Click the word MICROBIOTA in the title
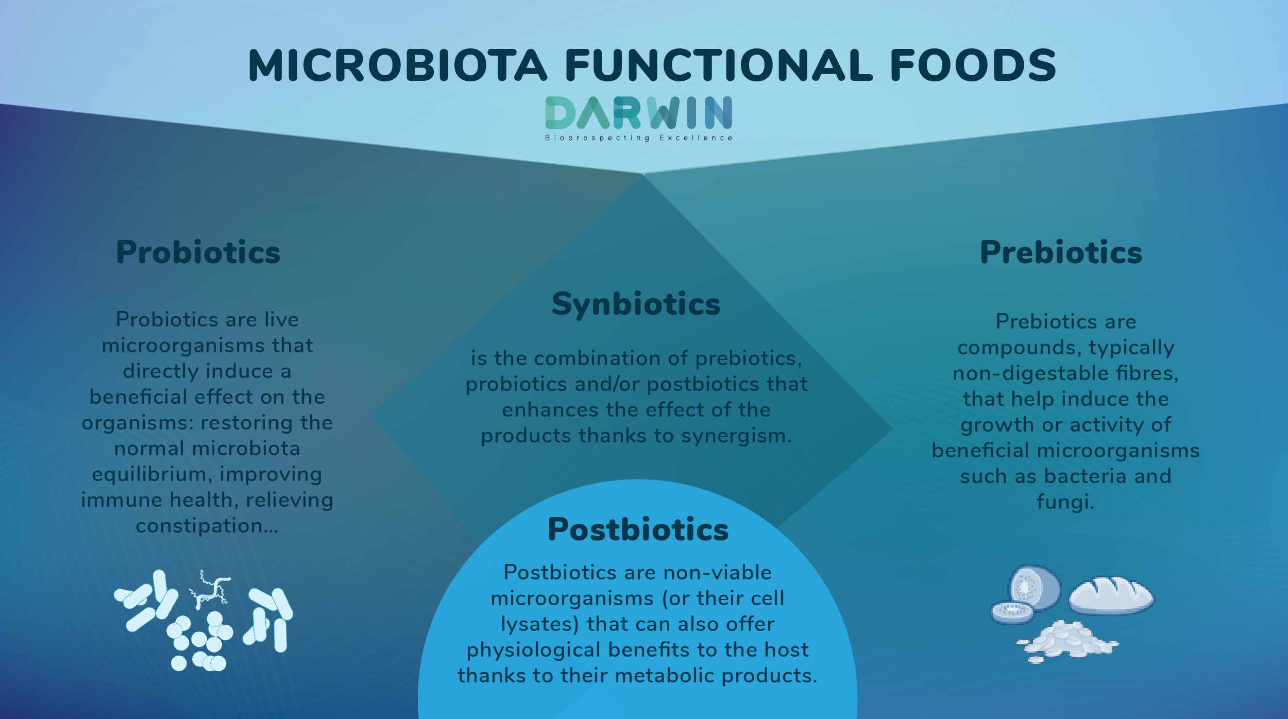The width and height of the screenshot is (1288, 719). point(397,65)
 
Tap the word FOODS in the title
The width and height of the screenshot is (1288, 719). point(973,65)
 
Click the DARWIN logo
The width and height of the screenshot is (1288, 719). point(639,112)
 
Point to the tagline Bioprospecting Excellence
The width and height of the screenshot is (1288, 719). point(639,138)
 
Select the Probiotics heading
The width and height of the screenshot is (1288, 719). point(198,252)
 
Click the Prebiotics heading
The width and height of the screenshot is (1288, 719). point(1061,252)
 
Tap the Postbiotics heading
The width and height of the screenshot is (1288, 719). point(638,529)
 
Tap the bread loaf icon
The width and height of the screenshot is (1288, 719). point(1111,595)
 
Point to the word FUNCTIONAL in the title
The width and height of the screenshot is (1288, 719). point(718,65)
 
